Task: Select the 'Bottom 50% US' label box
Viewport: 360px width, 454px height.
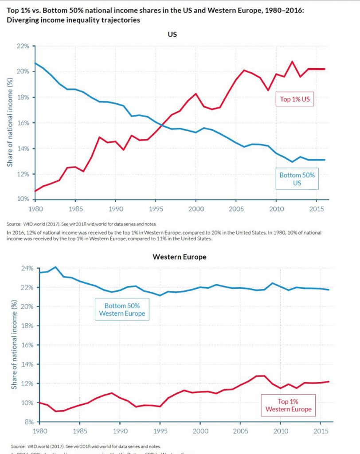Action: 297,179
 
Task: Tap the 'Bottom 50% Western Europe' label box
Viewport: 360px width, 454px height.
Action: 122,309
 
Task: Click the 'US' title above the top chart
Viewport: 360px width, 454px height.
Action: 172,34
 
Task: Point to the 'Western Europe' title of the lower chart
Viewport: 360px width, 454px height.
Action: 173,257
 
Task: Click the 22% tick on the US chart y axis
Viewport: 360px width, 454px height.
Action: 23,46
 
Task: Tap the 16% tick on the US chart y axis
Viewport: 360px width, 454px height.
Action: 23,123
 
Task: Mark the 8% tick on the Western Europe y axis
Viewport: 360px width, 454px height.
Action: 28,422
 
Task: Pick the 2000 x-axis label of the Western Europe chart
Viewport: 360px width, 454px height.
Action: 200,431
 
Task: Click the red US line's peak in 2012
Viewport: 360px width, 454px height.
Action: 292,62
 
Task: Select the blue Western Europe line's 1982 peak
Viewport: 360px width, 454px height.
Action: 55,267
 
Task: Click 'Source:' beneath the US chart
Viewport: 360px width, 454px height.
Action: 16,224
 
